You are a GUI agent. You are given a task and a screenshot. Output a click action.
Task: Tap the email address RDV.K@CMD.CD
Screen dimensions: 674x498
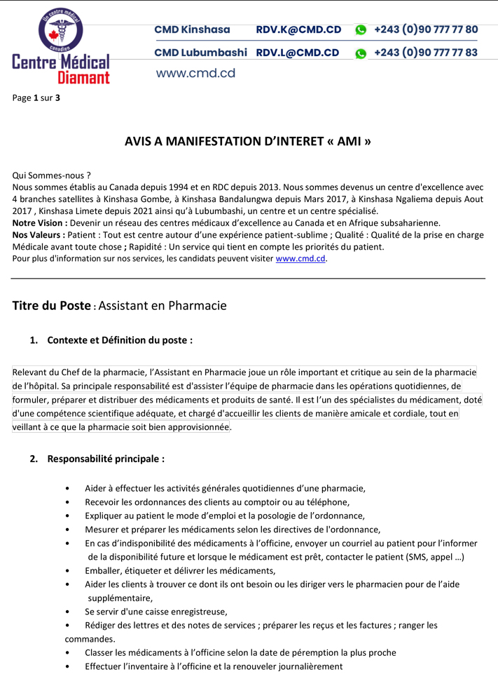tap(298, 29)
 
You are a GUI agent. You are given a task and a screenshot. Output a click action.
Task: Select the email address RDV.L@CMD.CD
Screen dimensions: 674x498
tap(298, 53)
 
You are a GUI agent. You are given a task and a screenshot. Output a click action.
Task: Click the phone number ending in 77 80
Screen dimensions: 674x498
tap(426, 29)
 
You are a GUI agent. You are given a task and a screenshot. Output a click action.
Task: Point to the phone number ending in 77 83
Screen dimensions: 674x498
tap(426, 53)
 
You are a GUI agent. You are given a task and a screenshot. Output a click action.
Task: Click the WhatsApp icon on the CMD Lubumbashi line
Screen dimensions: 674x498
tap(361, 53)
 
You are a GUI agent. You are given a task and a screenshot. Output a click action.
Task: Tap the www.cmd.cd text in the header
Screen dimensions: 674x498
tap(195, 73)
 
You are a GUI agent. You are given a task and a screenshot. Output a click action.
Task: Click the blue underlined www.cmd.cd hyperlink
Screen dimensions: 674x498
tap(300, 258)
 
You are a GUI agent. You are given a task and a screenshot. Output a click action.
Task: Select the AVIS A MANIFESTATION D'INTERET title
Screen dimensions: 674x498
tap(248, 141)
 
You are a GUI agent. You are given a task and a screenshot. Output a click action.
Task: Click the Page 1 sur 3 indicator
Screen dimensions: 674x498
tap(36, 97)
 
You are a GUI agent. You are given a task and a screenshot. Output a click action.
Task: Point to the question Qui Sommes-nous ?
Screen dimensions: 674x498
tap(52, 175)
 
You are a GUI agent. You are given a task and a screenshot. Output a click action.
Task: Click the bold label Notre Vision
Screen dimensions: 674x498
tap(39, 222)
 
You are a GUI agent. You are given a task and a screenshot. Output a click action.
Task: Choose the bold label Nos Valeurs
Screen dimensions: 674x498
tap(39, 234)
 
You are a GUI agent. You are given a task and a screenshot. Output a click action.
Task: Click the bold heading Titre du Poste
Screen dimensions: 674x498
tap(52, 306)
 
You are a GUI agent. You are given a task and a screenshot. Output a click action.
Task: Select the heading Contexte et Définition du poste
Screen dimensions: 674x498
tap(120, 340)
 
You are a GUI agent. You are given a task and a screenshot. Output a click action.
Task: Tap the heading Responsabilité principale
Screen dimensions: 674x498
tap(106, 459)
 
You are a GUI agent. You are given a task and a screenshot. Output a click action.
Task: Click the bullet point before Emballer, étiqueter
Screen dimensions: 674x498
tap(67, 571)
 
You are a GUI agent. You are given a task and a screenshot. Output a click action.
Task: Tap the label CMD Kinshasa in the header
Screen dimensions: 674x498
tap(192, 29)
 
